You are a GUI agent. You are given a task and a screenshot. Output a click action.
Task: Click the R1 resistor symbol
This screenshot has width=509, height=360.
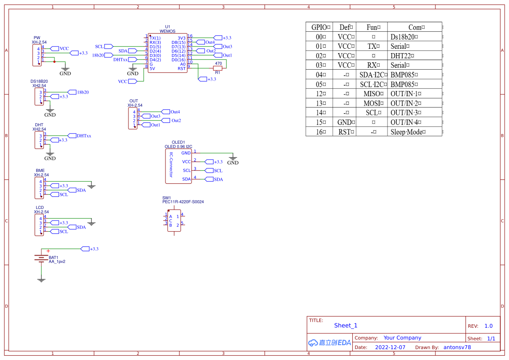pos(218,68)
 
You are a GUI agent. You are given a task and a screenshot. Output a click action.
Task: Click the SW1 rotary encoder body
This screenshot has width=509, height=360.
pos(174,221)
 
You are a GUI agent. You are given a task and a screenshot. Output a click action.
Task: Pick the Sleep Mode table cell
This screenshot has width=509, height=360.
pos(408,132)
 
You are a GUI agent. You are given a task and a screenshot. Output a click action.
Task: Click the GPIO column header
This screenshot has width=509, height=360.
pos(321,27)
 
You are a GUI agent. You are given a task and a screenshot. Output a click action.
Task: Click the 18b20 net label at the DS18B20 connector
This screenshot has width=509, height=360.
pos(82,92)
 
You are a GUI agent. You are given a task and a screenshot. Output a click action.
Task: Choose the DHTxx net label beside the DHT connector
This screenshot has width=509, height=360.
pos(84,136)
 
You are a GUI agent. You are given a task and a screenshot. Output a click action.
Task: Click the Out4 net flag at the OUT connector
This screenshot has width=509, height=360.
pos(175,112)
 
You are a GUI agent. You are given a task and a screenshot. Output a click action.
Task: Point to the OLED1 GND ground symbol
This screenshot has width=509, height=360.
pos(233,158)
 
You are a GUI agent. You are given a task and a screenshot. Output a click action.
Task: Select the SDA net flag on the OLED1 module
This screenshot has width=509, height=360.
pos(218,179)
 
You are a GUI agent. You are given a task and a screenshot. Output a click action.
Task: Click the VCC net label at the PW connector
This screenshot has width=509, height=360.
pos(64,49)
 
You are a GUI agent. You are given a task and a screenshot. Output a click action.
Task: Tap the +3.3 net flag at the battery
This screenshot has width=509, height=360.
pos(94,249)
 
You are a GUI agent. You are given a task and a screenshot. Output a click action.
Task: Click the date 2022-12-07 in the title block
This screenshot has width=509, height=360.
pos(390,347)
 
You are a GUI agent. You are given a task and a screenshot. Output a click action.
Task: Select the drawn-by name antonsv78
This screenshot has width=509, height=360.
pos(457,347)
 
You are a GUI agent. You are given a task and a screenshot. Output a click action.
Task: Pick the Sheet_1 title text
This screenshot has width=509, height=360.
pos(346,326)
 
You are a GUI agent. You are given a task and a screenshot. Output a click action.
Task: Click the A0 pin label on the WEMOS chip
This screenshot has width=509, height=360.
pos(183,64)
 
